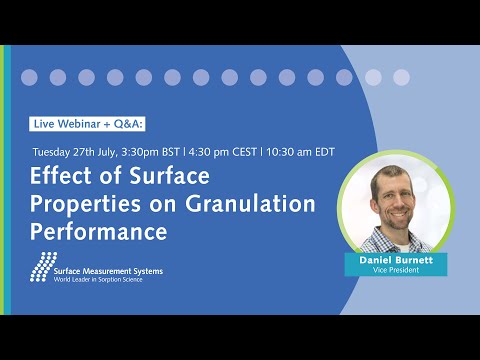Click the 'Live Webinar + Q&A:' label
(89, 123)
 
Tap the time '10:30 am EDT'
(300, 152)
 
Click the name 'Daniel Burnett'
(396, 259)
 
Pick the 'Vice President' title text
(396, 270)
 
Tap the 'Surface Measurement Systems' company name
(109, 270)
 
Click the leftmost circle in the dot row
(30, 77)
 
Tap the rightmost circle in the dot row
(401, 77)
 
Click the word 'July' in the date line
(111, 152)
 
